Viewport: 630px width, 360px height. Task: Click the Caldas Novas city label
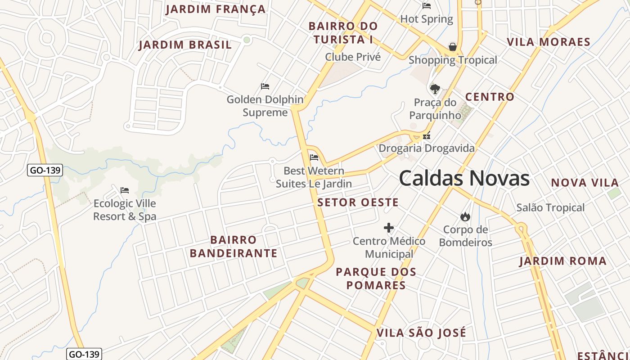(464, 179)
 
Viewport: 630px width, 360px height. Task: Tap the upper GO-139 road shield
(45, 171)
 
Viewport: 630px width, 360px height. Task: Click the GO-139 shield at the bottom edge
(84, 354)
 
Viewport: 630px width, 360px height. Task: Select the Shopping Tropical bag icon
(453, 47)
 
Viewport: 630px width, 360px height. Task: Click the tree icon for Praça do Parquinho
(435, 89)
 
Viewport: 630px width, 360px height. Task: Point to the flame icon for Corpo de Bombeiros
(465, 217)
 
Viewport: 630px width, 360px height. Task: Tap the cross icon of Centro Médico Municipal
(389, 228)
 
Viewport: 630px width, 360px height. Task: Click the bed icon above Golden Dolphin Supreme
(265, 86)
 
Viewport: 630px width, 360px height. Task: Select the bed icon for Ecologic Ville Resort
(125, 190)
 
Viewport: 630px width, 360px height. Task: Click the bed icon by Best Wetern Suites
(314, 157)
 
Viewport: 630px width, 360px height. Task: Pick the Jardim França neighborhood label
(216, 9)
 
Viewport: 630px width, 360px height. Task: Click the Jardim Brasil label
(185, 45)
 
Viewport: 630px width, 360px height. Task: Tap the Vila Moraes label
(549, 42)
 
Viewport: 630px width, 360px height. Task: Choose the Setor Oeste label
(358, 202)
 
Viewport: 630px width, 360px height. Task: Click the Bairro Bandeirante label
(234, 246)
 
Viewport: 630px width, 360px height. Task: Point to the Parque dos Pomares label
(376, 279)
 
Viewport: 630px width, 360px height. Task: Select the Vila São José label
(421, 333)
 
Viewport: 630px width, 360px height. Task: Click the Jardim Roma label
(563, 261)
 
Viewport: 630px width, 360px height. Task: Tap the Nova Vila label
(585, 183)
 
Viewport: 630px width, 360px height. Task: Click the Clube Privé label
(353, 57)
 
